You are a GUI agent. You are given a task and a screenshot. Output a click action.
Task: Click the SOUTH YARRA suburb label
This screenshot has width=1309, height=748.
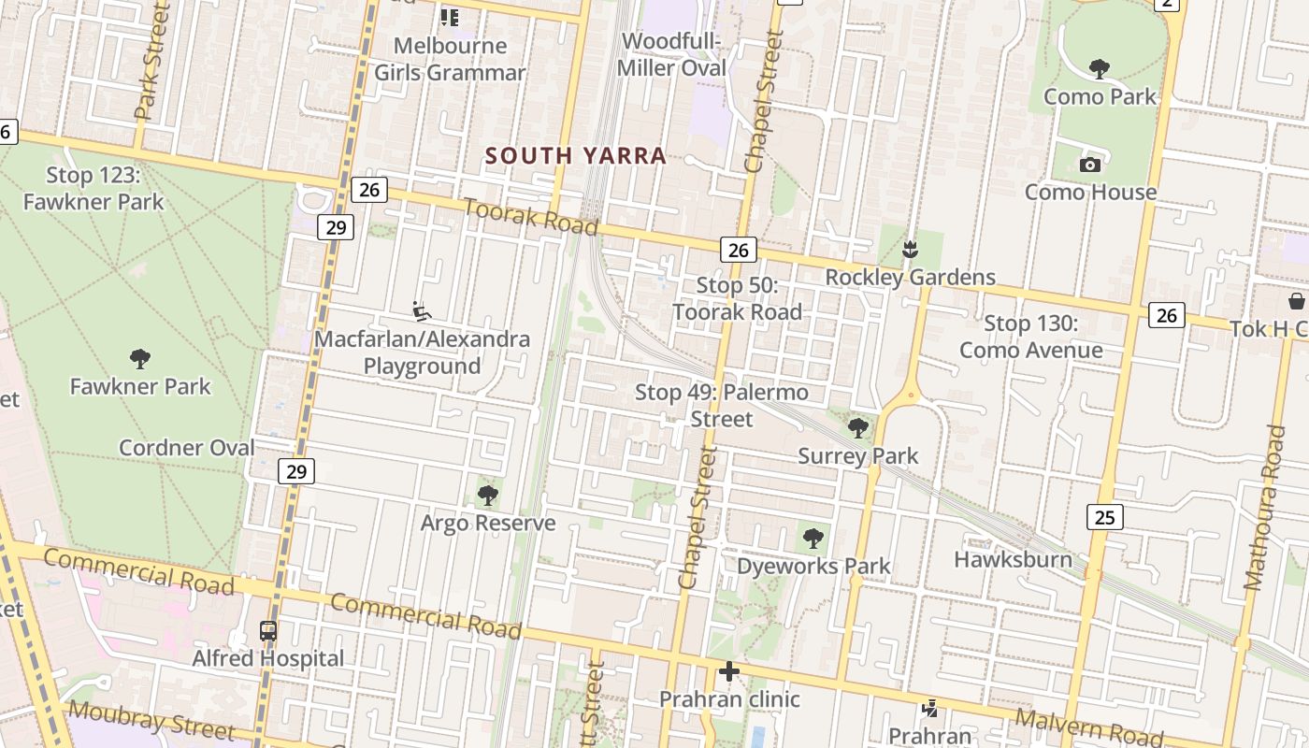coord(576,156)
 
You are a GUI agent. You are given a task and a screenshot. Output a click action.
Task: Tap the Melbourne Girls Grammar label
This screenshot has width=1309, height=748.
coord(450,59)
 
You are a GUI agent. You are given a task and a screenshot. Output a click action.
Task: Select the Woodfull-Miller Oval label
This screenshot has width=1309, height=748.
coord(671,54)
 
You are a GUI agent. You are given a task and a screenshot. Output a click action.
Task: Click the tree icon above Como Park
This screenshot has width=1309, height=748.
coord(1100,68)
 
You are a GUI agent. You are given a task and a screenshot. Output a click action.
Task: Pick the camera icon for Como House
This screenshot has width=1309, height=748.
coord(1089,165)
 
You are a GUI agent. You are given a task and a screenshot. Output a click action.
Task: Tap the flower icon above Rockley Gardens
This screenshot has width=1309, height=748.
coord(909,250)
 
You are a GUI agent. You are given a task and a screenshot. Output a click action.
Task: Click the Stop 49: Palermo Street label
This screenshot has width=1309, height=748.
coord(722,405)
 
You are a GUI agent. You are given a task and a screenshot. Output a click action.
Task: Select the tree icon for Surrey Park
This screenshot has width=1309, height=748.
coord(857,429)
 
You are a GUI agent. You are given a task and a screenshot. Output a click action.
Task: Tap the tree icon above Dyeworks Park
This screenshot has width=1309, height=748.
coord(813,539)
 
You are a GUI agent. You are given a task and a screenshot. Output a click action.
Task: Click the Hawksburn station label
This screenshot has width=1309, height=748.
coord(1013,559)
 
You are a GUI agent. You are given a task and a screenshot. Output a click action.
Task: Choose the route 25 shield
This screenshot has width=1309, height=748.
coord(1104,517)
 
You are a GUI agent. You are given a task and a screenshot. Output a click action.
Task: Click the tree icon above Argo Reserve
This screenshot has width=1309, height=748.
coord(487,496)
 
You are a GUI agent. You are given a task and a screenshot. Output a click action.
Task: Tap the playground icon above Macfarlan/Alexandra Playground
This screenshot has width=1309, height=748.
coord(422,310)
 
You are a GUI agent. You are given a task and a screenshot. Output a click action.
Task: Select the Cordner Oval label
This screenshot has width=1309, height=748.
coord(187,448)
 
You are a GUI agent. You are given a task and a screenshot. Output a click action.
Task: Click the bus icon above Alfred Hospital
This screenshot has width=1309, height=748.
coord(268,631)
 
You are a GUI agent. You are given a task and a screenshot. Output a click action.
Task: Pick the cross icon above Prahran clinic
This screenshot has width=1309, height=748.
coord(729,671)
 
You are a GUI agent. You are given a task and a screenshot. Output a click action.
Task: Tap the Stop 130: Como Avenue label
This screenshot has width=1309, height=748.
coord(1031,338)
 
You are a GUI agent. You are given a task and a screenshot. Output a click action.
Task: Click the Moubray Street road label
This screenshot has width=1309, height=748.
coord(151,720)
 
